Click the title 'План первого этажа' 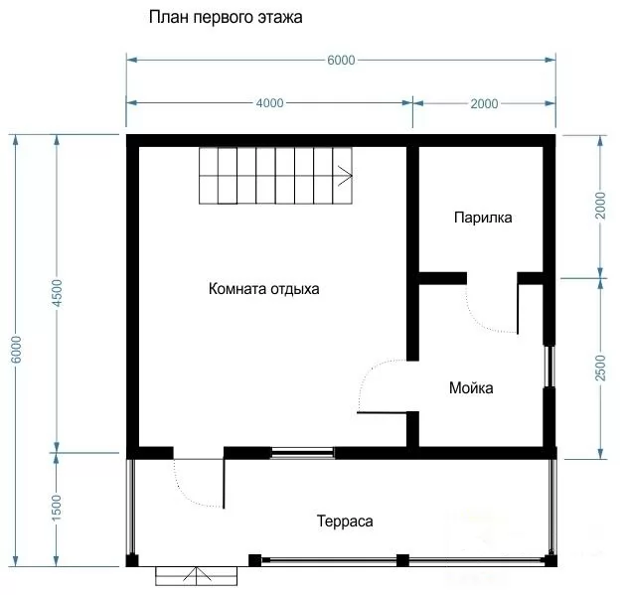point(226,18)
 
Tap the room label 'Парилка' point(483,218)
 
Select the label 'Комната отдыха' point(264,289)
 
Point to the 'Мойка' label point(471,387)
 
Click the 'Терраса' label point(345,521)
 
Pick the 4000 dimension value point(270,103)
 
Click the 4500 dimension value point(58,293)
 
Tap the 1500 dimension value point(57,508)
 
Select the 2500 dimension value point(600,368)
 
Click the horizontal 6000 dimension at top point(341,61)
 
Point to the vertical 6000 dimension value point(16,350)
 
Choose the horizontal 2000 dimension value point(484,104)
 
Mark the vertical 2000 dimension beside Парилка point(600,206)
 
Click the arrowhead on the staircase point(346,176)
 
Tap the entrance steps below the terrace point(197,576)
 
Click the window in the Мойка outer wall point(549,366)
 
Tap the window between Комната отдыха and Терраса point(303,453)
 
